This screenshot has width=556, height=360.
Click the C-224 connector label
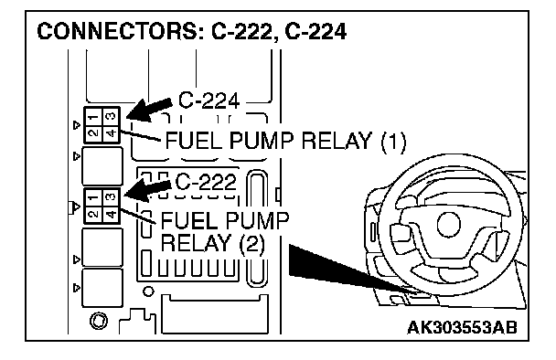208,101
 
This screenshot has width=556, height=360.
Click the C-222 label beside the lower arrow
206,183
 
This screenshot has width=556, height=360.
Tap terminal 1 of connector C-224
93,116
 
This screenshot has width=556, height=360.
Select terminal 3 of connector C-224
111,116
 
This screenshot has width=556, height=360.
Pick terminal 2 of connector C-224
93,133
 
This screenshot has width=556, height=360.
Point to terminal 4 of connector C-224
111,133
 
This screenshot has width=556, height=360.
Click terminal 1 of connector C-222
93,197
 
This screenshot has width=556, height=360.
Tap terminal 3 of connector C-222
111,197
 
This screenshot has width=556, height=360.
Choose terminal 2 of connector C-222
93,215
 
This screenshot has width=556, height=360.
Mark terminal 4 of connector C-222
111,215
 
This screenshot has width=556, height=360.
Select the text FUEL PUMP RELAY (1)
285,141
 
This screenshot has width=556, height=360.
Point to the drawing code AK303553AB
462,327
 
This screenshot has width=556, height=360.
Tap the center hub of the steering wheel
450,225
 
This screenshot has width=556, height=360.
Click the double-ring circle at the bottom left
99,321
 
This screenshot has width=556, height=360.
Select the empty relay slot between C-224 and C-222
102,166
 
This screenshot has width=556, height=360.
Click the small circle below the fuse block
148,291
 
